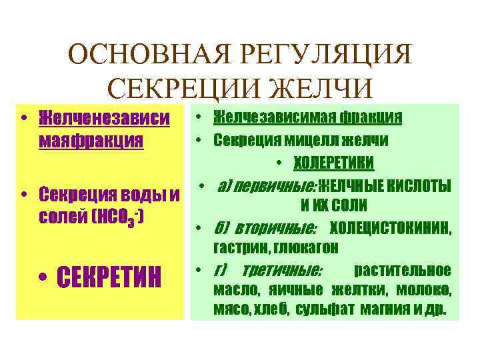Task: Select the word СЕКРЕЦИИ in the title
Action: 175,87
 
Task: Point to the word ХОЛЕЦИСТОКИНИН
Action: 391,229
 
